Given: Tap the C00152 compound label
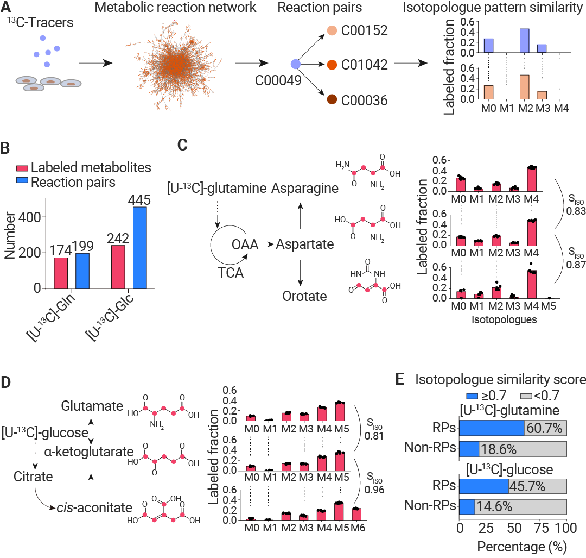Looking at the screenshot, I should tap(365, 30).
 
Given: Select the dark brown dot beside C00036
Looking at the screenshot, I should tap(332, 99).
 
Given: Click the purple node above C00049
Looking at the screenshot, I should tap(296, 65).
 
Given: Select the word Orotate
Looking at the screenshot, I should tap(304, 296).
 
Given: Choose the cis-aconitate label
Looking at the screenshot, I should tap(95, 507).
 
